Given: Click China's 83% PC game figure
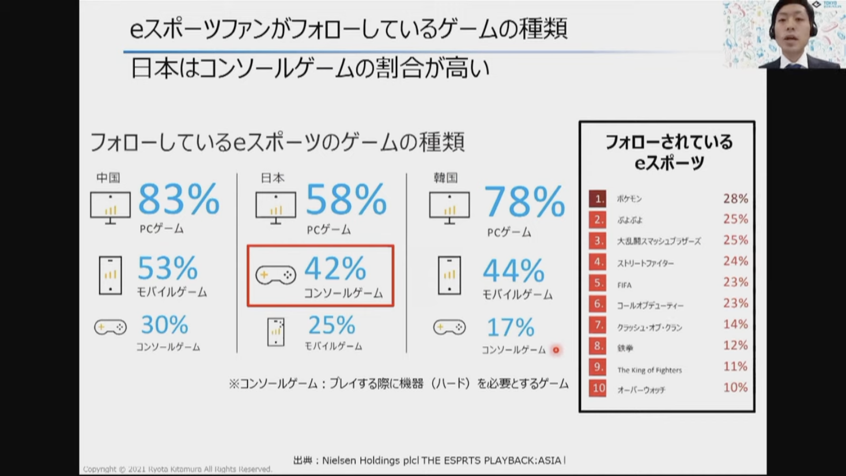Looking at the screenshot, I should tap(179, 199).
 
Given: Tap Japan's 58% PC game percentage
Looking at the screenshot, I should tap(346, 200).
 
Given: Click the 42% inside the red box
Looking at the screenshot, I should tap(335, 269).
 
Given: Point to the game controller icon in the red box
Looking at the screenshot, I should tap(275, 275).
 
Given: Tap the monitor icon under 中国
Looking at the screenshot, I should tap(110, 207).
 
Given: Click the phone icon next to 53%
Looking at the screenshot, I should tap(110, 275).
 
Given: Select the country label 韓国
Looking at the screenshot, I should tap(445, 177).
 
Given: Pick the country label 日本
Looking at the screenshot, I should tap(273, 177).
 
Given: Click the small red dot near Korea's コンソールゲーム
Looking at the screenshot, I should tap(556, 350).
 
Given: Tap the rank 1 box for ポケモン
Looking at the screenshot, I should tap(598, 199).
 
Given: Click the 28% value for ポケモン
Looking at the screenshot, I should tap(735, 199).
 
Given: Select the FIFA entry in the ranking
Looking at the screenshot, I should tap(624, 285).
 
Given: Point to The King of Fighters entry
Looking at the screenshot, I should tap(649, 370).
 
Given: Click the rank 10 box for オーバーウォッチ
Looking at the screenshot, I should tap(598, 388).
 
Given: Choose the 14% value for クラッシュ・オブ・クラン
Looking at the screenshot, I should tap(735, 324).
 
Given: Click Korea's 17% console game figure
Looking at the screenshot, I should tap(510, 328).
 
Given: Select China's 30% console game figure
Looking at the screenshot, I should tap(164, 326).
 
